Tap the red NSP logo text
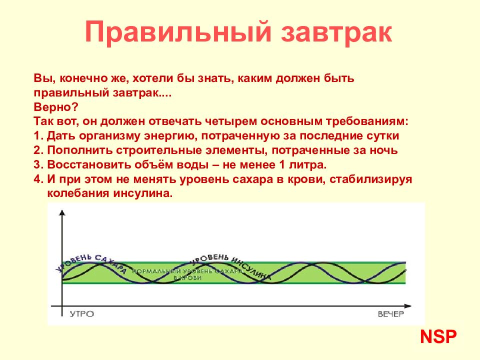click(x=438, y=337)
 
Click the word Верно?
click(x=56, y=107)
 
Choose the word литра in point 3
click(x=307, y=165)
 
